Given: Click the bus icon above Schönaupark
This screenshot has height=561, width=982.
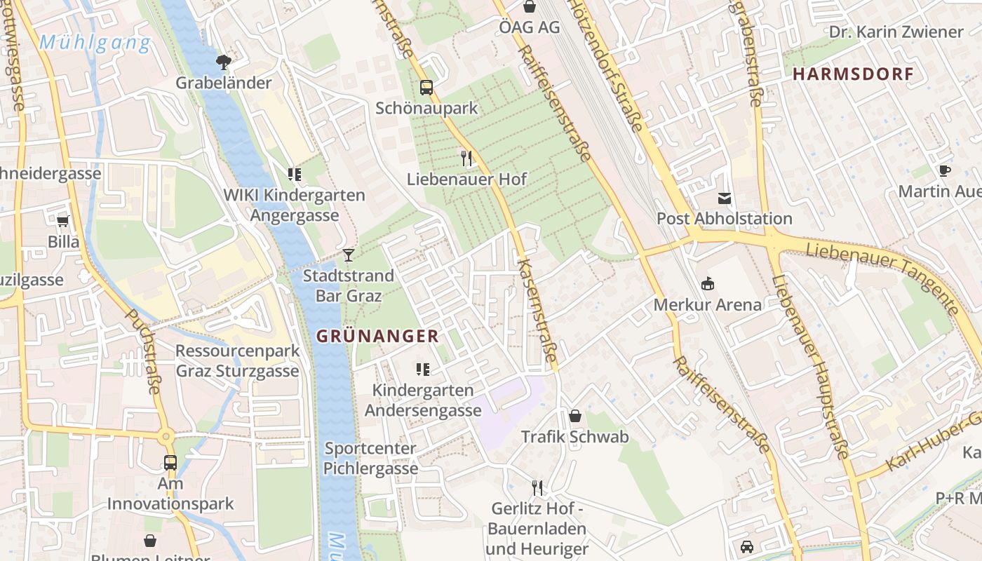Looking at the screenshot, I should tap(426, 88).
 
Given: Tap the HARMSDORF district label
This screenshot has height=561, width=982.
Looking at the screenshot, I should tap(853, 74).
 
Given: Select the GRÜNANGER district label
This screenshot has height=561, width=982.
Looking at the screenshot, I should tap(377, 336).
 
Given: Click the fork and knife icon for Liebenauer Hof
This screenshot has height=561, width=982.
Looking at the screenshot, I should tap(466, 158).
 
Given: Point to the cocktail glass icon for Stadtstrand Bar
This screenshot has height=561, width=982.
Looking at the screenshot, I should tap(348, 255).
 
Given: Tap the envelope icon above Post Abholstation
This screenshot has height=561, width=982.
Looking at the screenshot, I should tap(725, 198).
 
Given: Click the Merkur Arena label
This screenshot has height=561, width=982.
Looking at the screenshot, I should tap(707, 305).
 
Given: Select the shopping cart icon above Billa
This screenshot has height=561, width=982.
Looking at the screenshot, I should tap(62, 222).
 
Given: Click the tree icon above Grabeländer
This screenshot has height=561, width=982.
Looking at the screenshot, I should tap(223, 62).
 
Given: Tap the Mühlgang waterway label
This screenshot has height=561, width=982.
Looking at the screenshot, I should tap(95, 43).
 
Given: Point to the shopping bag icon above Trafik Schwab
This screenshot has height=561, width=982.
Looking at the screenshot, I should tap(575, 416).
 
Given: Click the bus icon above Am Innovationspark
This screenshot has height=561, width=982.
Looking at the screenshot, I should tap(170, 462).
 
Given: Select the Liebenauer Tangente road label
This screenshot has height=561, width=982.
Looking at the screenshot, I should tap(882, 277).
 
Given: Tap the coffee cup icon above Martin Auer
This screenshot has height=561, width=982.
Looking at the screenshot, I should tap(945, 170).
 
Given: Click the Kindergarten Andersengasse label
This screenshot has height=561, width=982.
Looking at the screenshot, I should tap(423, 400).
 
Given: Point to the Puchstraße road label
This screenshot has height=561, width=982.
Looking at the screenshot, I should tap(144, 351).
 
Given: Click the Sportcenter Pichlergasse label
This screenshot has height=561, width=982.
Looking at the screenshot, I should tap(371, 459).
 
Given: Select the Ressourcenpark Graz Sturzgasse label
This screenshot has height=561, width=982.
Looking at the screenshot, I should tap(237, 360).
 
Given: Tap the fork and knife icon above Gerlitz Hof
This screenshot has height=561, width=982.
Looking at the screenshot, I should tap(537, 487).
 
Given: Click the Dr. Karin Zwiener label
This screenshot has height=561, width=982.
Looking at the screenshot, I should tap(896, 32).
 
